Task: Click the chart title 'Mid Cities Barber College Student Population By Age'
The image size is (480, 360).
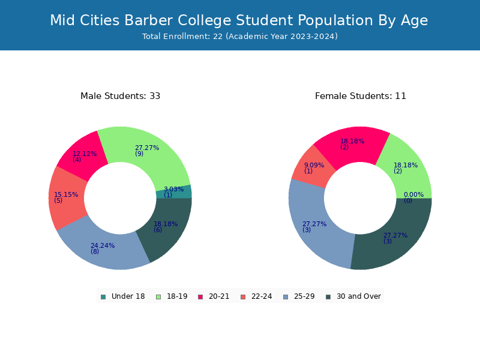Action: (239, 21)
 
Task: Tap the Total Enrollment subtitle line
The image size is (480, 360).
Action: (240, 37)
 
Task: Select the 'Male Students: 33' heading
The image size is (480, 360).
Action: (121, 96)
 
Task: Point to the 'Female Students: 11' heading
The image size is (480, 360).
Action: (361, 96)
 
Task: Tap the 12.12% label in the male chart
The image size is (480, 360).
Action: (85, 157)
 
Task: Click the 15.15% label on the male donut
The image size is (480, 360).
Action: (66, 197)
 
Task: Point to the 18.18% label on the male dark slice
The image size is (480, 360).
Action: (166, 227)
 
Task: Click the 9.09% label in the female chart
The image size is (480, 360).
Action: (314, 168)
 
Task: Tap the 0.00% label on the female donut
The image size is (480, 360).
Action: (413, 197)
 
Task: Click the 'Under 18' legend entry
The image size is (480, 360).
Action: (123, 296)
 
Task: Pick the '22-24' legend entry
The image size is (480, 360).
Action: (256, 296)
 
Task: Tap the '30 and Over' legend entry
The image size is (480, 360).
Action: (353, 296)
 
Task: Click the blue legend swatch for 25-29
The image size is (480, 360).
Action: (286, 297)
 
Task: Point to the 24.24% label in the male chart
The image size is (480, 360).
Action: (103, 248)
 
